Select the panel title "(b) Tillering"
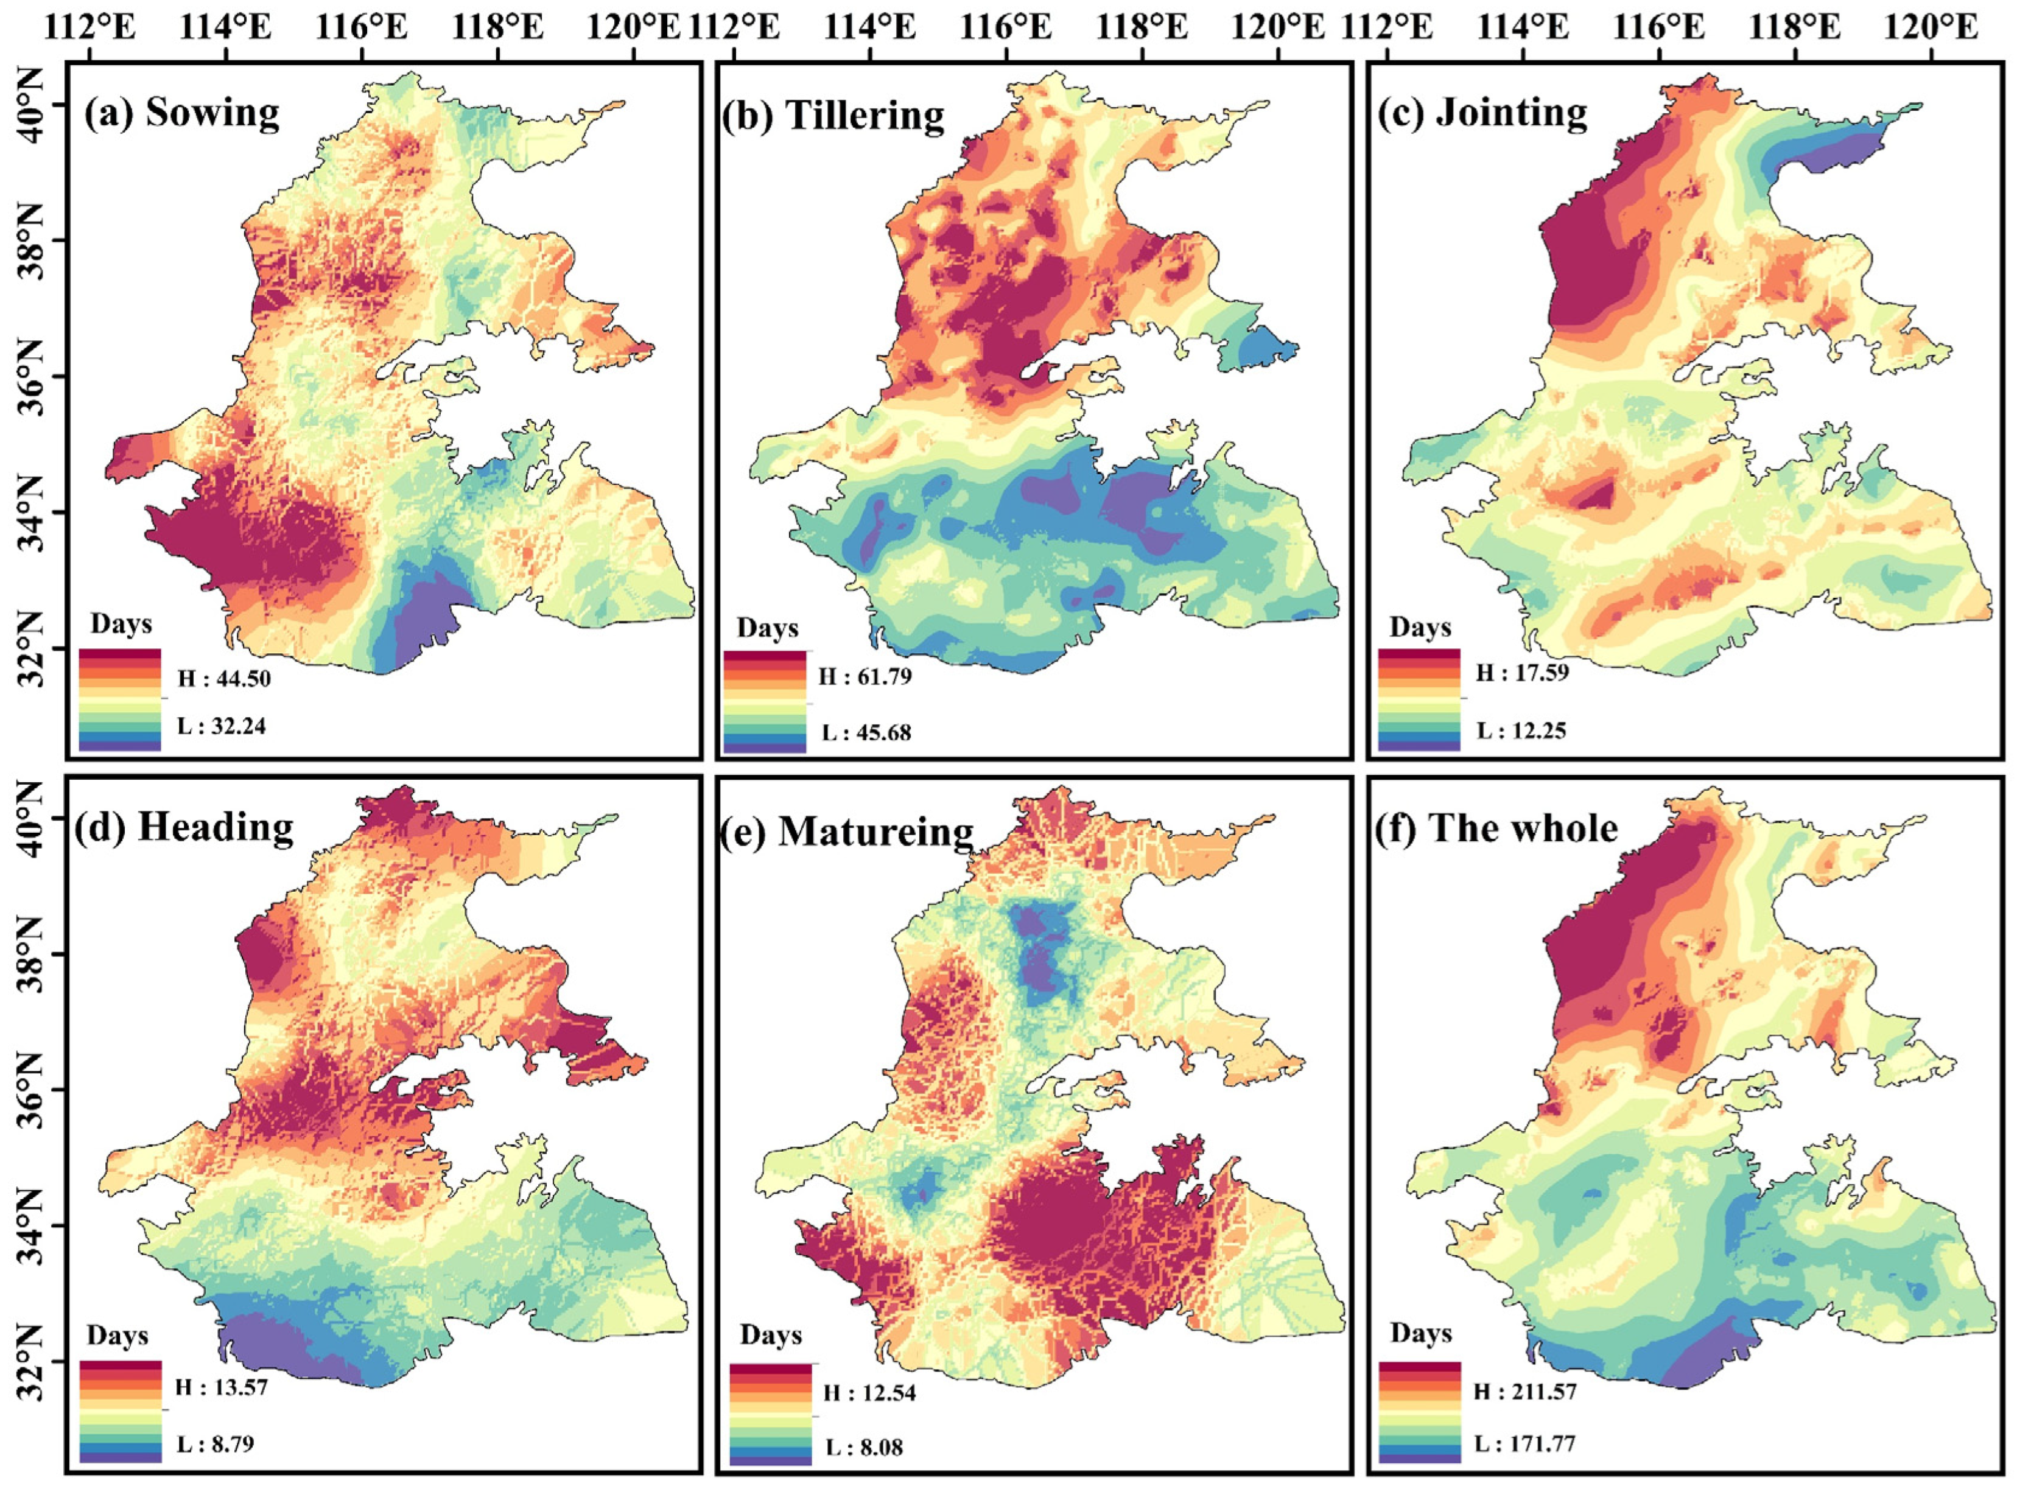click(833, 116)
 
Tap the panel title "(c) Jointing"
click(1482, 114)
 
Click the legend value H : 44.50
click(223, 679)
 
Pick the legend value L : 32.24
click(222, 726)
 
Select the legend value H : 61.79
click(865, 676)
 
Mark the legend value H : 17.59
click(1522, 673)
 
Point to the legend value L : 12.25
click(1521, 729)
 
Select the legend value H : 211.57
click(1526, 1391)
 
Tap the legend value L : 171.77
click(1526, 1444)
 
